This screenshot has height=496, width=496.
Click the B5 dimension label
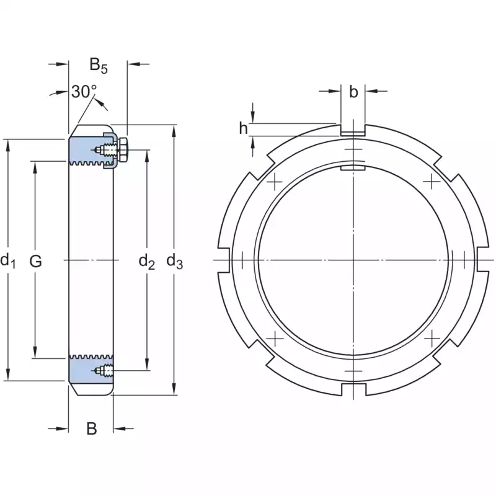point(99,66)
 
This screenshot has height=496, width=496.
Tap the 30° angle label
point(84,92)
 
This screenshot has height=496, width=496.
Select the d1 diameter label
point(8,261)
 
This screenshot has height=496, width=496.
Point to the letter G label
point(35,261)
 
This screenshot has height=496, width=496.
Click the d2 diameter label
point(147,262)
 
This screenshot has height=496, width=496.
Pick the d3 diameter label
point(175,262)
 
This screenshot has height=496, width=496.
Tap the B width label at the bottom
point(92,428)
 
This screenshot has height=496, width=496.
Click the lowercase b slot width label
point(353,92)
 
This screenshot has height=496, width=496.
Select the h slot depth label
point(243,128)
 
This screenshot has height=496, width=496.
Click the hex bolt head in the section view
point(122,149)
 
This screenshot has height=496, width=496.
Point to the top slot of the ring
point(353,130)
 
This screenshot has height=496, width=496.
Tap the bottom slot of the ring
point(353,390)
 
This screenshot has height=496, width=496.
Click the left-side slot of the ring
point(224,260)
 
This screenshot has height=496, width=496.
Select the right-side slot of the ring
point(483,260)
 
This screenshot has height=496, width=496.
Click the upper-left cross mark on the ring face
point(275,182)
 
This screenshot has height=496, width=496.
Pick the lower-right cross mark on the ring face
point(432,338)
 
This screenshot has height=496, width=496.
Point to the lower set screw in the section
point(104,370)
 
